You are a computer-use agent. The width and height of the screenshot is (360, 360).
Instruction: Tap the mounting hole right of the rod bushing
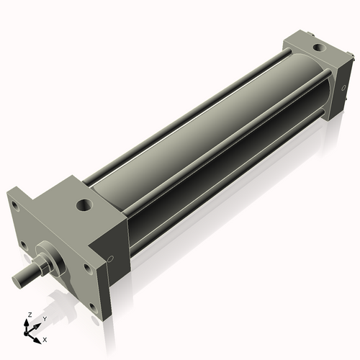87,268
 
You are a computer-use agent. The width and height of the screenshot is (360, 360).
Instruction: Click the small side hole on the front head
110,259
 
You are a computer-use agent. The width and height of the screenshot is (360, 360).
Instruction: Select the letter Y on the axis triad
43,318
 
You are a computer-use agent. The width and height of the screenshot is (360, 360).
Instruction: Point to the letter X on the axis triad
45,338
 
